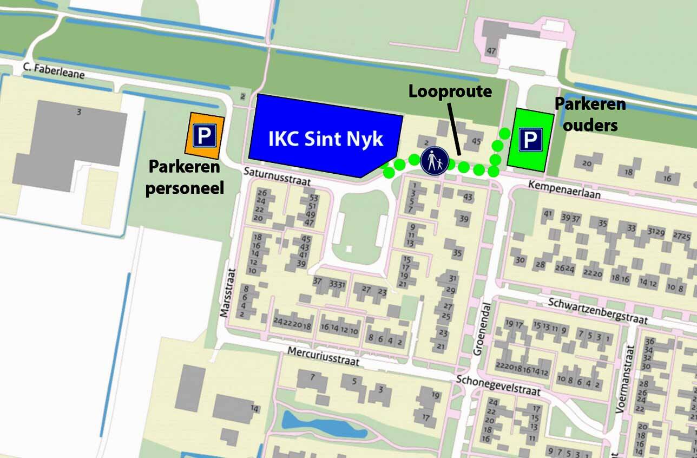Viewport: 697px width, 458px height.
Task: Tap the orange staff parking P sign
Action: (205, 135)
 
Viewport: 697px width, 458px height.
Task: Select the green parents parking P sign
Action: (530, 140)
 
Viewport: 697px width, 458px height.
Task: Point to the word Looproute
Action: (450, 91)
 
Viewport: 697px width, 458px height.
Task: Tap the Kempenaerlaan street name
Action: (566, 190)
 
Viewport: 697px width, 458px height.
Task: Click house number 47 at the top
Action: (491, 51)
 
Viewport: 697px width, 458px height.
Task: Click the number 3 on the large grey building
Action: (79, 112)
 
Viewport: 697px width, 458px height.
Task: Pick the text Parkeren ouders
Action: (590, 114)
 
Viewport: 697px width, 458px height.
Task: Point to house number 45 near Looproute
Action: (476, 142)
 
